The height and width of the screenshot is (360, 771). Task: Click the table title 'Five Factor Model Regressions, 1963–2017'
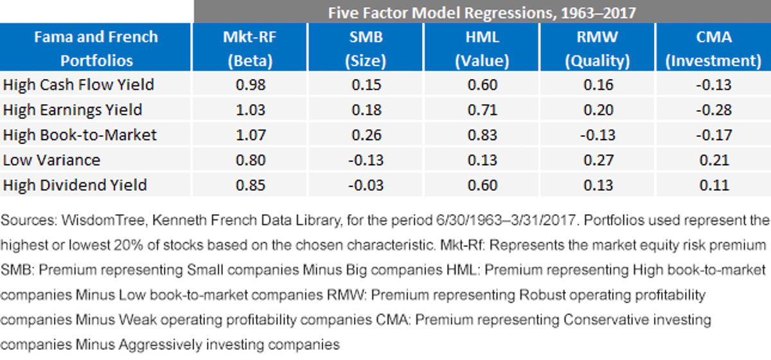[482, 13]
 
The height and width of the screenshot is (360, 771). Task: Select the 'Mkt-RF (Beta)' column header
[250, 48]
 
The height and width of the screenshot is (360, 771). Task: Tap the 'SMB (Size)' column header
[366, 48]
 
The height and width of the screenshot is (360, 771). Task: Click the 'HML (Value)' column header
[482, 48]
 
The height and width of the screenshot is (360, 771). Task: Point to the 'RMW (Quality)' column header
[598, 48]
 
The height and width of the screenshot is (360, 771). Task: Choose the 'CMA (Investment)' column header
[714, 48]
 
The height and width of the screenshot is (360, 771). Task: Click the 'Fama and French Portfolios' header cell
[96, 48]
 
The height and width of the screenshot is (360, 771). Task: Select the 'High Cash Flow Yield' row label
[78, 85]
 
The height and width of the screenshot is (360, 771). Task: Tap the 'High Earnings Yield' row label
[73, 110]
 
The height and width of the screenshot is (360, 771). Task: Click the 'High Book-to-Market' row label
[80, 135]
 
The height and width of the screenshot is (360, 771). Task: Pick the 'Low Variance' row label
[51, 160]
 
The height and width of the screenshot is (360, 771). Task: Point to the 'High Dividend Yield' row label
[75, 185]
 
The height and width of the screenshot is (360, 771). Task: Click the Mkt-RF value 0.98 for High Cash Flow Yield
[251, 85]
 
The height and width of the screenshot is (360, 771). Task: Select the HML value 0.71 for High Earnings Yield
[483, 110]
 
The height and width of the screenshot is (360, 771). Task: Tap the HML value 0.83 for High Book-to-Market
[483, 135]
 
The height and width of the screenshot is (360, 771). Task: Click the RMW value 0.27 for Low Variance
[598, 160]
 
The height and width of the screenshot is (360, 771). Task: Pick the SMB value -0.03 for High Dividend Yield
[366, 185]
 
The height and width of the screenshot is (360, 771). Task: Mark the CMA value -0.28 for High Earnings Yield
[714, 110]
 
